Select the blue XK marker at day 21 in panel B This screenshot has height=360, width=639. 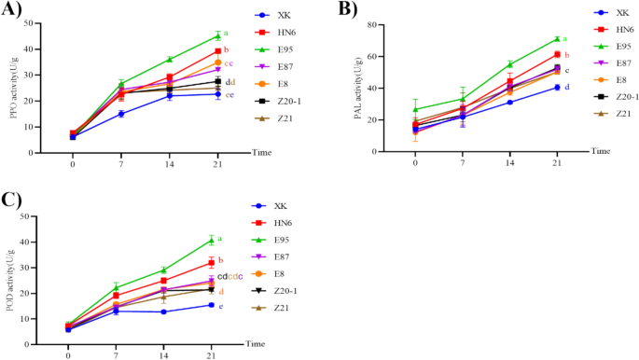[557, 88]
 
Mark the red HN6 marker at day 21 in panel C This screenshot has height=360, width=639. [212, 263]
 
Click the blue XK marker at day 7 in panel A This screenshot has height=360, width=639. [121, 114]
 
